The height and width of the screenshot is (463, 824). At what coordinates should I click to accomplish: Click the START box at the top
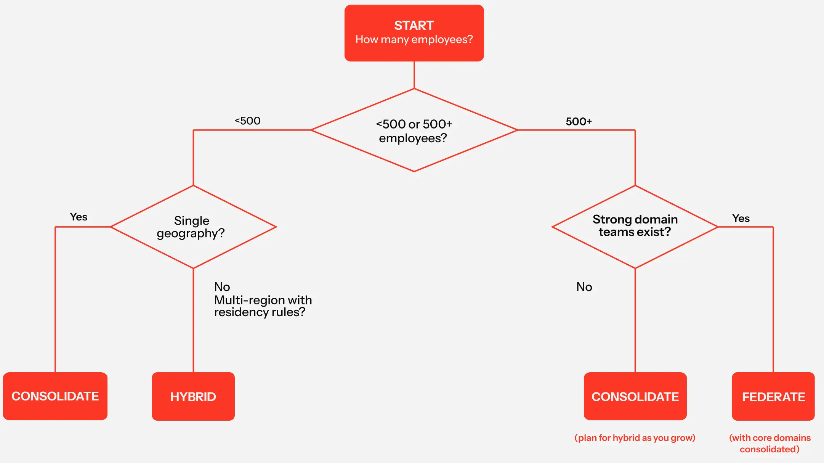tap(414, 33)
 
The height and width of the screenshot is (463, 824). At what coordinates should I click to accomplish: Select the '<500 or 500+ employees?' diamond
tap(414, 130)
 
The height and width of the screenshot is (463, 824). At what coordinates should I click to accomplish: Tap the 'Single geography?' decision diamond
tap(193, 227)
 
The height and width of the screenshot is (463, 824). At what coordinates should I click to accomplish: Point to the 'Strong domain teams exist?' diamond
tap(635, 227)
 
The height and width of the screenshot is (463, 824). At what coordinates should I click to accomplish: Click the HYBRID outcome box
tap(193, 397)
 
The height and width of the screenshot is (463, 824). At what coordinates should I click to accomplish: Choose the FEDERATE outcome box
tap(773, 397)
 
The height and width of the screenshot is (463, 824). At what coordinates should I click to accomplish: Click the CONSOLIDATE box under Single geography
tap(55, 396)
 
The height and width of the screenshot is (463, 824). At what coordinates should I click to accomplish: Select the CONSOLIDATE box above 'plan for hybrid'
tap(635, 397)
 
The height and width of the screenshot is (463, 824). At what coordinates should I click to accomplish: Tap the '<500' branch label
tap(247, 121)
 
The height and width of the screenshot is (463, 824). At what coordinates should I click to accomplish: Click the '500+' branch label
tap(579, 122)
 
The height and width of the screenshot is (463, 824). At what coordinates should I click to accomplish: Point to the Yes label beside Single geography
tap(79, 217)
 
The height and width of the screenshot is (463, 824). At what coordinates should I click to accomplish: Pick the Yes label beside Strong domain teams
tap(741, 219)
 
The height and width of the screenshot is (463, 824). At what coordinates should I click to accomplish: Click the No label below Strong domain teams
tap(584, 287)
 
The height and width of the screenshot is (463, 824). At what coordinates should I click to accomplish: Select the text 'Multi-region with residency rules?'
tap(263, 306)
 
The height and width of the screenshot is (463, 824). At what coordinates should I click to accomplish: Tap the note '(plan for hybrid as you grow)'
tap(635, 438)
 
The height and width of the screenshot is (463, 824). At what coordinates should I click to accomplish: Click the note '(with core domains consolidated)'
tap(770, 444)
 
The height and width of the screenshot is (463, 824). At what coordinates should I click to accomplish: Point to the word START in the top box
tap(414, 26)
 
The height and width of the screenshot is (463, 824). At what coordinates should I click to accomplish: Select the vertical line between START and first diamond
tap(414, 75)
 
